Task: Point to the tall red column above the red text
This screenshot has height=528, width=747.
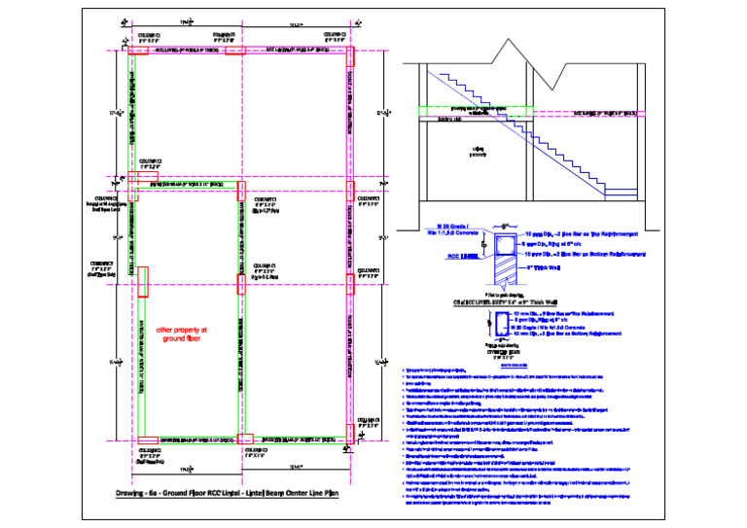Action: (x=142, y=282)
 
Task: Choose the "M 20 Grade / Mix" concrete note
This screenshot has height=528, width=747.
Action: (x=457, y=229)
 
